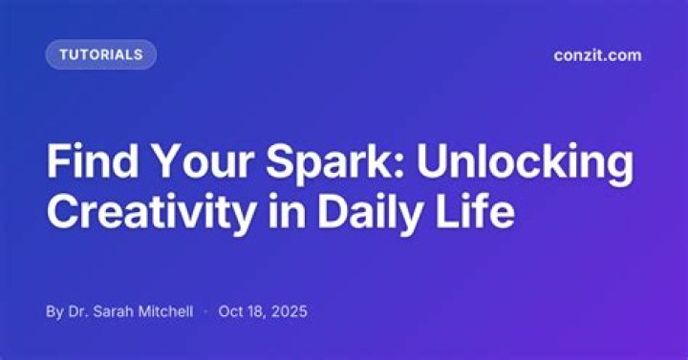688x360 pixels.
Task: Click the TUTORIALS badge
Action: (x=101, y=54)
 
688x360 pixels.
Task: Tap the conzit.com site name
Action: (x=597, y=55)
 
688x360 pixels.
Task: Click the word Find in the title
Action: (x=92, y=160)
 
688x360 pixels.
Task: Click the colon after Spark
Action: (x=398, y=165)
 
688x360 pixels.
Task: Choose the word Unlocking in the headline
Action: (x=526, y=163)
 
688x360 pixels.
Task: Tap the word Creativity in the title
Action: (x=151, y=212)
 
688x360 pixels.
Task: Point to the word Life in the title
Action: (x=475, y=210)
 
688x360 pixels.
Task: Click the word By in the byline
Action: (x=54, y=311)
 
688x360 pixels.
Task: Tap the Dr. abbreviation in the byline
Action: (x=78, y=311)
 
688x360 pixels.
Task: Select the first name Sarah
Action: (x=114, y=311)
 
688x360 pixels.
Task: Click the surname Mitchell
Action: (x=166, y=311)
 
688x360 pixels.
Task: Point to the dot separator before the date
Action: (x=205, y=311)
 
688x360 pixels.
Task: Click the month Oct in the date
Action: (x=230, y=311)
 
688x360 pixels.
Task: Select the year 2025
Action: (x=290, y=311)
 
